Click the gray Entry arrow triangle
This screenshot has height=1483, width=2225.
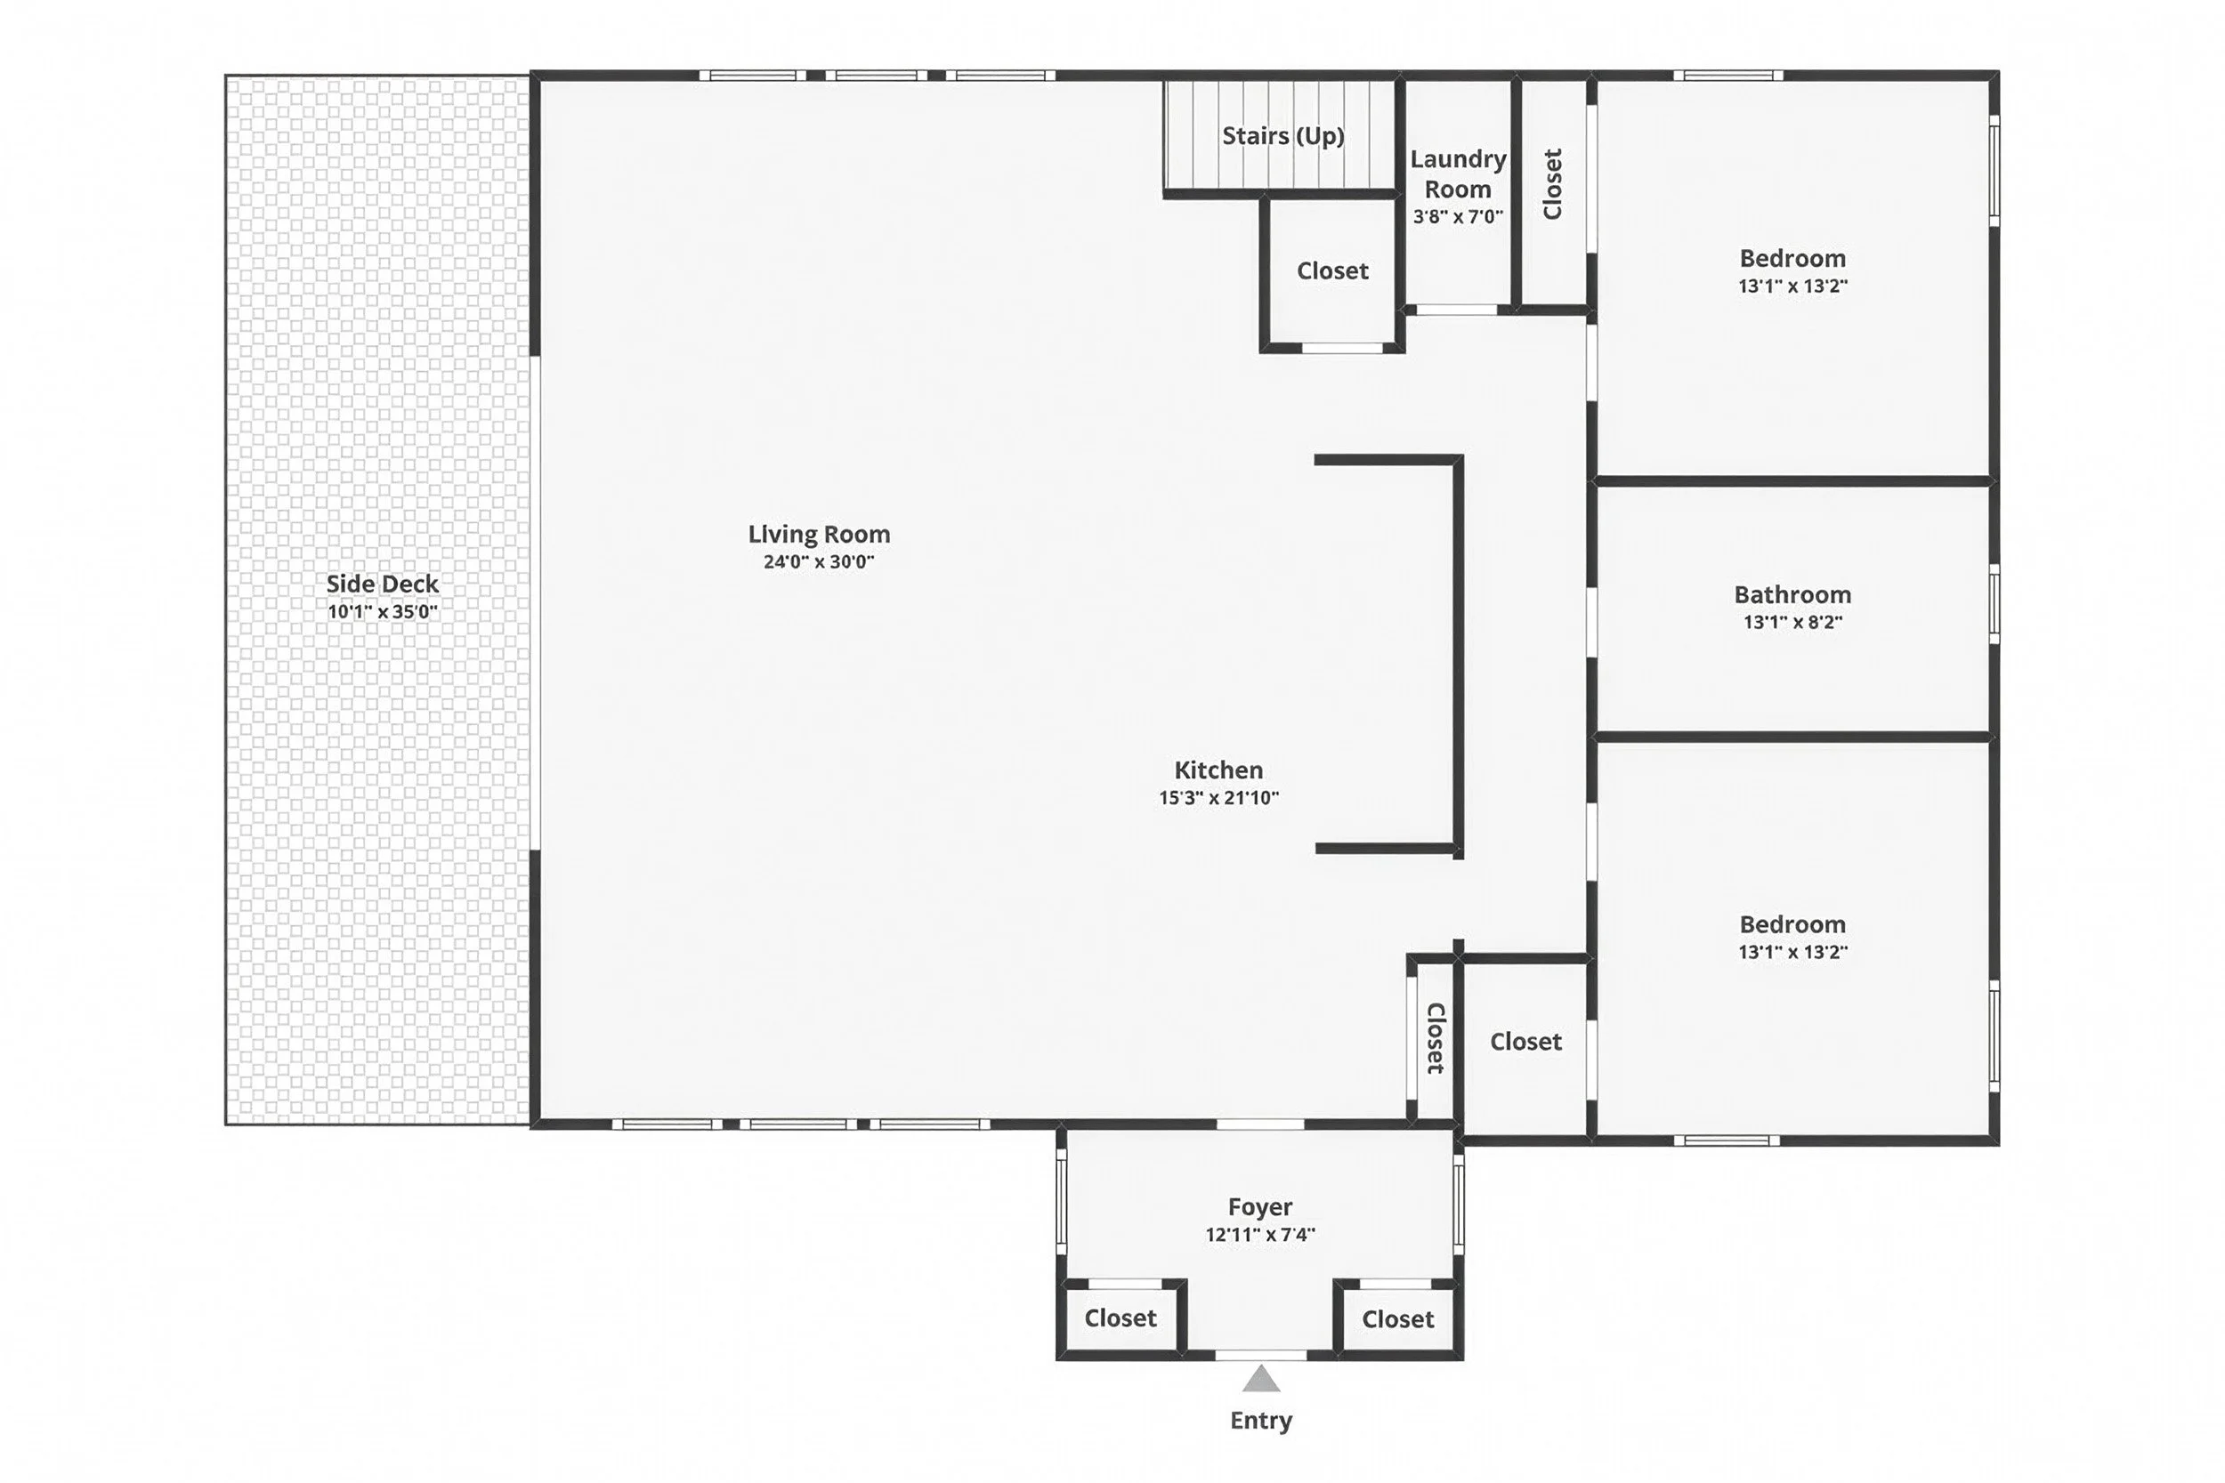(1261, 1380)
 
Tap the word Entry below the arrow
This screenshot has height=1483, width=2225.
(1261, 1421)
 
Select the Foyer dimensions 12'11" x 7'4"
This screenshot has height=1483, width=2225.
(1260, 1234)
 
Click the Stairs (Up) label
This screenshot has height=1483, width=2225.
(1282, 136)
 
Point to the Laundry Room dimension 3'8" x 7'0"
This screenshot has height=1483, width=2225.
(1458, 216)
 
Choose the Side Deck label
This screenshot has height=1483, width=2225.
(382, 584)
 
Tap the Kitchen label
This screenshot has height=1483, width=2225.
(1218, 770)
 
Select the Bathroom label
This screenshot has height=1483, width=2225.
(1792, 595)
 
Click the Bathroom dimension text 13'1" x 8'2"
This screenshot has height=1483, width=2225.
(1792, 623)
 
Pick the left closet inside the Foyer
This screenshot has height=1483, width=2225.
(1121, 1318)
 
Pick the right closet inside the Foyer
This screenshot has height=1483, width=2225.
(1397, 1319)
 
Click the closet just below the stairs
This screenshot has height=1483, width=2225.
(1332, 271)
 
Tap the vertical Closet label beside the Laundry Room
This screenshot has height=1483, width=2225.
(1552, 184)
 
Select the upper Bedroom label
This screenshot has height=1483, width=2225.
(1792, 258)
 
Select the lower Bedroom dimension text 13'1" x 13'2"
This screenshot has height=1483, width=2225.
(1792, 953)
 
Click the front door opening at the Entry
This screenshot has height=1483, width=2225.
(1261, 1355)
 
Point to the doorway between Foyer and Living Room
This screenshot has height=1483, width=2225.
(1260, 1124)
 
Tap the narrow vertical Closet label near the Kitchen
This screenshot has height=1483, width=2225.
(1434, 1038)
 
